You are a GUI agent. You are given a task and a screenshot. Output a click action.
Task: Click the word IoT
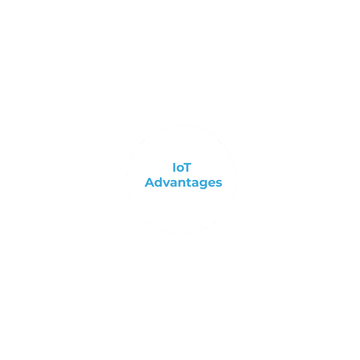tap(182, 168)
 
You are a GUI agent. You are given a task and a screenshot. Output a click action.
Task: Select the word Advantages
tap(183, 183)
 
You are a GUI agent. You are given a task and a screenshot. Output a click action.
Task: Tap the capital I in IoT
tap(174, 168)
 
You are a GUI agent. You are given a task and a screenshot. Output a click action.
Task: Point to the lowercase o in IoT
tap(180, 169)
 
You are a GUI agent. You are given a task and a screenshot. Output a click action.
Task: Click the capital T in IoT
tap(187, 168)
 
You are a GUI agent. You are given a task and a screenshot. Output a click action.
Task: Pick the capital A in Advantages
tap(150, 182)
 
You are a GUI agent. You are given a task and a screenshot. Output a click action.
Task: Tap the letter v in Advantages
tap(168, 184)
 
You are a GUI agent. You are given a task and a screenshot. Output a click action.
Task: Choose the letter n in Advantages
tap(184, 184)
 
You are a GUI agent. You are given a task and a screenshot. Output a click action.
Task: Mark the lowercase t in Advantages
tap(191, 183)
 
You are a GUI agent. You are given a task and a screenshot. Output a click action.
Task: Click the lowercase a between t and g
tap(198, 184)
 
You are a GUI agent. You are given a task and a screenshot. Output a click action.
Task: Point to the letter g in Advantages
tap(206, 185)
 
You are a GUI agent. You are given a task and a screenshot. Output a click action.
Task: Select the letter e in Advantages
tap(214, 184)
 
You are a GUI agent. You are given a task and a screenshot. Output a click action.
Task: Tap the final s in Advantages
tap(219, 184)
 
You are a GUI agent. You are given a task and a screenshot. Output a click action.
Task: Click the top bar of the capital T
tap(187, 163)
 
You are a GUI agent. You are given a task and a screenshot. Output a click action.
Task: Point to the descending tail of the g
tap(206, 188)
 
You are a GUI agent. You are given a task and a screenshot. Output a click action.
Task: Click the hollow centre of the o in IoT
tap(180, 169)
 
